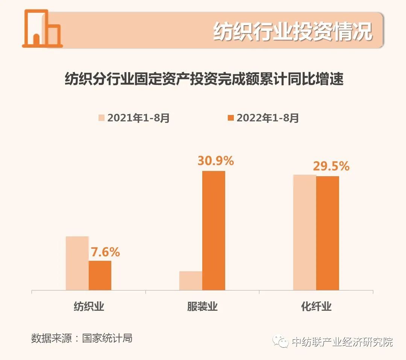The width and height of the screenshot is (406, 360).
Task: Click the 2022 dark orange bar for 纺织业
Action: tap(100, 275)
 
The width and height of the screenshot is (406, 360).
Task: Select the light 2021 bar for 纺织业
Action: tap(77, 263)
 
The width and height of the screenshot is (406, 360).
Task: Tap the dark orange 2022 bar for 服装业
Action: tap(214, 230)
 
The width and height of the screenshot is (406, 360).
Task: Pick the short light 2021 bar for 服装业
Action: tap(191, 280)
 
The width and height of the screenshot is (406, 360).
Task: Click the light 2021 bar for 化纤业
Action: tap(304, 232)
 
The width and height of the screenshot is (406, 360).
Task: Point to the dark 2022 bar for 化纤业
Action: tap(327, 233)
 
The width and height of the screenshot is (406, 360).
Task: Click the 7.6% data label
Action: tap(105, 252)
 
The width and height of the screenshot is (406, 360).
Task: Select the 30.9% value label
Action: tap(215, 161)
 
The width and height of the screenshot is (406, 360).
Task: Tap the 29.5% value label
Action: tap(331, 166)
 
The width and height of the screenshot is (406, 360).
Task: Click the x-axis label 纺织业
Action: tap(89, 306)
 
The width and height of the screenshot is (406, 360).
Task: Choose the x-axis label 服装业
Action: tap(202, 306)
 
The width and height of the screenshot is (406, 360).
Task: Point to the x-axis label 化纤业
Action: tap(316, 306)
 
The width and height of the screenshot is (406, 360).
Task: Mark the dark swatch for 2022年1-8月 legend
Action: tap(231, 118)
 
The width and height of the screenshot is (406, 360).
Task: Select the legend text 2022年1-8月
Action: tap(268, 118)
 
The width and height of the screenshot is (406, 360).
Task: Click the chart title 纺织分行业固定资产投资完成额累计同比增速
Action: tap(204, 80)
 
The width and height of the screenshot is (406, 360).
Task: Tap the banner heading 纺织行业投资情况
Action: tap(292, 31)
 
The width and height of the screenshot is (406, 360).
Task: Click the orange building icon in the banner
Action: tap(42, 29)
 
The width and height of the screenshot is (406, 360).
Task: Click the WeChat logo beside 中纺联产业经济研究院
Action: tap(282, 342)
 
